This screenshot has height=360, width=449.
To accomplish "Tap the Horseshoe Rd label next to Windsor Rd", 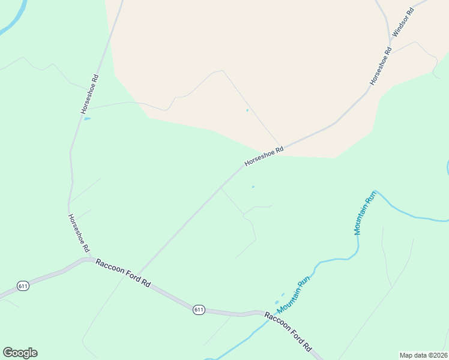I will pyautogui.click(x=381, y=66).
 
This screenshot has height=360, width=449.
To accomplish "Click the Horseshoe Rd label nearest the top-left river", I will pyautogui.click(x=89, y=94).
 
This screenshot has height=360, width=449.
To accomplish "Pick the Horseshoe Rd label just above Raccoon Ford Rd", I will pyautogui.click(x=79, y=233).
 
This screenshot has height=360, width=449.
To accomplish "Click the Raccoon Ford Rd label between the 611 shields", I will pyautogui.click(x=123, y=275).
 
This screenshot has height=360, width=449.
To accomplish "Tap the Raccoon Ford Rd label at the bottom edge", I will pyautogui.click(x=289, y=332).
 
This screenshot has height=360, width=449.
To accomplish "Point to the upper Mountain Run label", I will pyautogui.click(x=364, y=212).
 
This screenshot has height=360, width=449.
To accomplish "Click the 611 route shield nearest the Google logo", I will pyautogui.click(x=23, y=286).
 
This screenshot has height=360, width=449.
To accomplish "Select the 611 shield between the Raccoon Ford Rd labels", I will pyautogui.click(x=199, y=310).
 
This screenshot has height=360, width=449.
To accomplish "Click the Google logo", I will pyautogui.click(x=20, y=353).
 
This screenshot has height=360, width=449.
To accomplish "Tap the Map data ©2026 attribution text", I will pyautogui.click(x=423, y=355).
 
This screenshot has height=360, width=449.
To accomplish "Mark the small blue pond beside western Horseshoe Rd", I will pyautogui.click(x=88, y=119).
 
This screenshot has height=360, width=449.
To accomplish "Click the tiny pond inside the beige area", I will pyautogui.click(x=247, y=110).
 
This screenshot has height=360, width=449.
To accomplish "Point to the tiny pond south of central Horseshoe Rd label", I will pyautogui.click(x=253, y=187).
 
